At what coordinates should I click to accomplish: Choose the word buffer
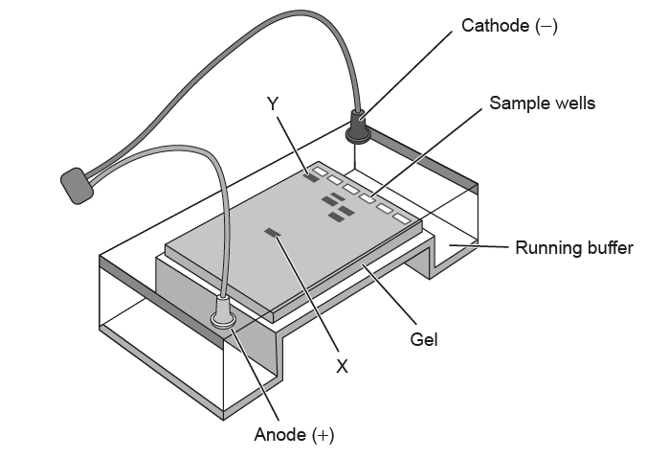coord(610,248)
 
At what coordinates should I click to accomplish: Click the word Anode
coord(280,436)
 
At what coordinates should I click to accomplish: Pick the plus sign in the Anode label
coord(324,436)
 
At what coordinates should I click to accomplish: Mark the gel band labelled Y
coord(311,176)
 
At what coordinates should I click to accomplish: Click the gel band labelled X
coord(273,233)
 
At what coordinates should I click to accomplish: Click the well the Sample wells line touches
coord(368,196)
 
